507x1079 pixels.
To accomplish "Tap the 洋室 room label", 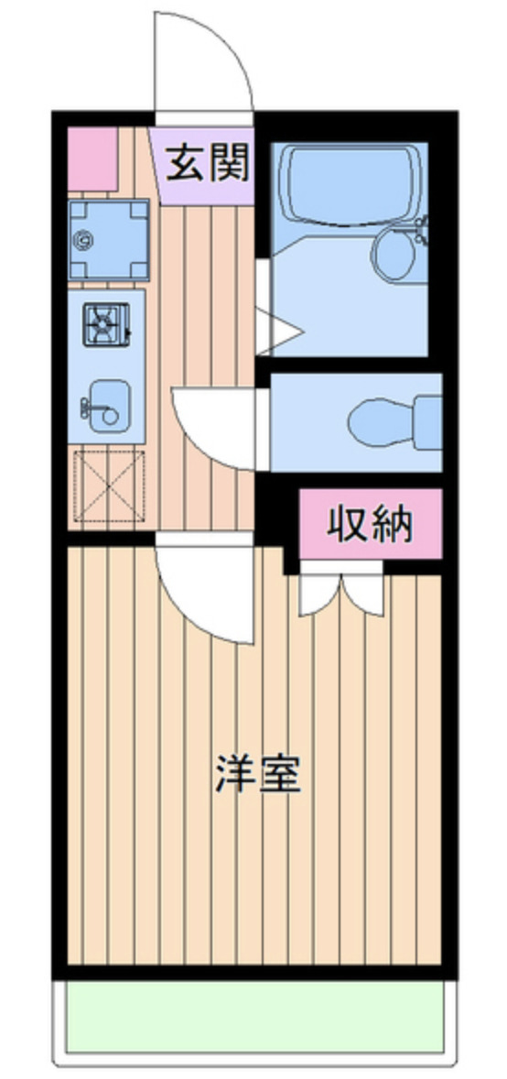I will tap(257, 774).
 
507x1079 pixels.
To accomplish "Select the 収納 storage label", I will tap(371, 524).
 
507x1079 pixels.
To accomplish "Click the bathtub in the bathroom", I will tap(351, 184).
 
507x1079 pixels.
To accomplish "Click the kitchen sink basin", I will tap(107, 403).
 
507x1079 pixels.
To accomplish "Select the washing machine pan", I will tap(109, 240).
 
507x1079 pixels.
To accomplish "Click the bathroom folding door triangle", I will tap(279, 330).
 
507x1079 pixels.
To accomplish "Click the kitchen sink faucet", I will tap(88, 404).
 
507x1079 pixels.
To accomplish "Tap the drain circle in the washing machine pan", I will tap(85, 241).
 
